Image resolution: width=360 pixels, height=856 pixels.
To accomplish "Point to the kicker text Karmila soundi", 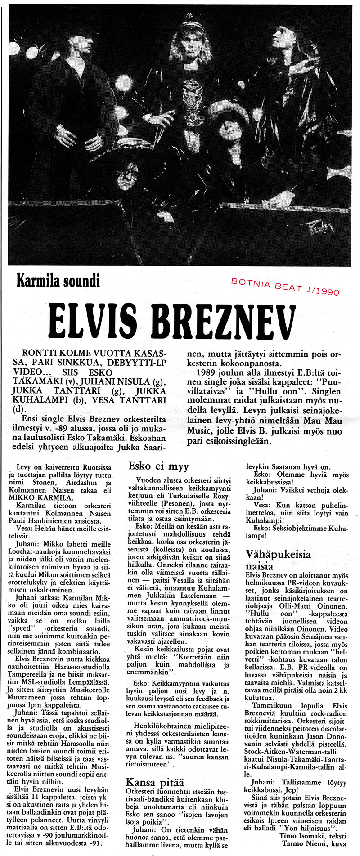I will coord(58,281).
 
